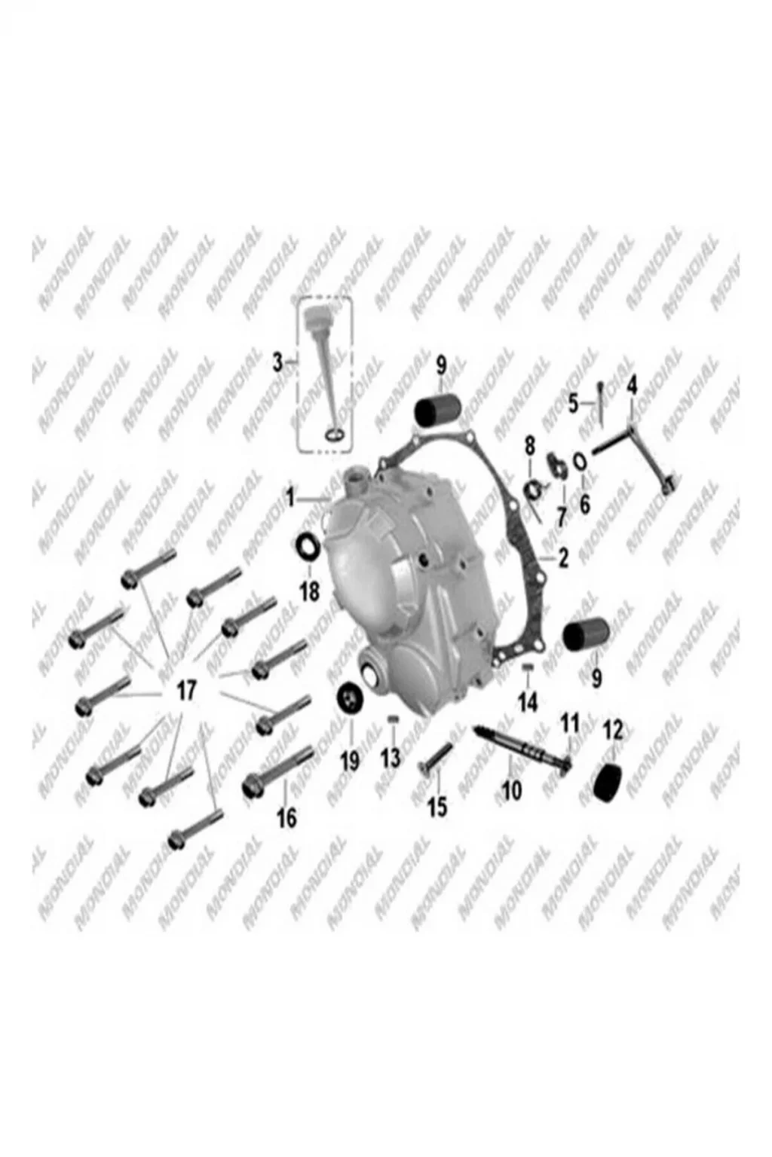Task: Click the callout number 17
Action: tap(187, 690)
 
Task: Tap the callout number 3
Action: tap(277, 363)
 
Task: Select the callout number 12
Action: tap(613, 731)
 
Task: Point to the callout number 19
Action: tap(349, 760)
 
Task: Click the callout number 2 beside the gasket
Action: tap(562, 557)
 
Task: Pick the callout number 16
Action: tap(287, 817)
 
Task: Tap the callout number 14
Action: tap(528, 702)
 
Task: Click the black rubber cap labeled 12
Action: tap(607, 781)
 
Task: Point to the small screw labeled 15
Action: tap(437, 759)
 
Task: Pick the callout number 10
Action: tap(512, 789)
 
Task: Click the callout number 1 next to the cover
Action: tap(290, 499)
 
